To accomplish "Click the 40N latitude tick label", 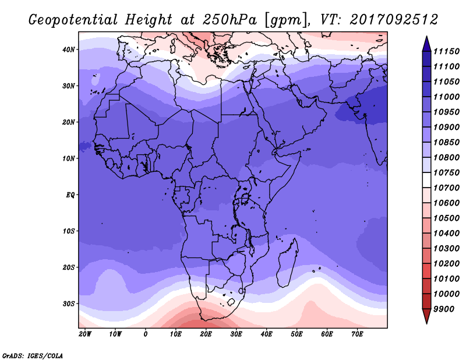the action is tap(69, 50).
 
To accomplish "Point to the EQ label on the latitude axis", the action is tap(70, 195).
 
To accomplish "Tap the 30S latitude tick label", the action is tap(69, 304).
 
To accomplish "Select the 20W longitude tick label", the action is tap(85, 334).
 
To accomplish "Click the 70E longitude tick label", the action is tap(357, 334).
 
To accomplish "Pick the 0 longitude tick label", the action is tap(145, 334).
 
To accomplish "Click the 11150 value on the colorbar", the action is tap(446, 51).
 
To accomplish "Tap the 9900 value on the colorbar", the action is tap(444, 309).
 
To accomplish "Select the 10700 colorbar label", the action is tap(446, 188).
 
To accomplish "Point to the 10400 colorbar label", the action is tap(446, 234).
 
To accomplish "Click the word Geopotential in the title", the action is tap(73, 20).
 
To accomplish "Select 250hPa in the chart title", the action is tap(230, 20).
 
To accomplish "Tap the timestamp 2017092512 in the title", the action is tap(394, 20).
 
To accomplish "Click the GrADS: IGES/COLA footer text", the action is tap(33, 355).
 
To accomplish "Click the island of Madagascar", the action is tap(288, 263).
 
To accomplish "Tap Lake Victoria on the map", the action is tap(245, 198).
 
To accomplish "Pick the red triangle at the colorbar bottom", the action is tap(427, 316).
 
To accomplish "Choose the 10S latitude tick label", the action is tap(69, 231).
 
